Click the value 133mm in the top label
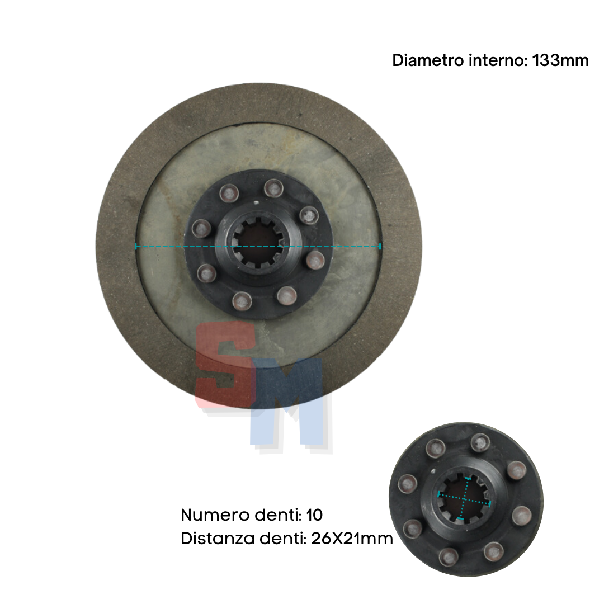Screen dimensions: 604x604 click(560, 60)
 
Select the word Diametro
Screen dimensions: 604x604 click(428, 60)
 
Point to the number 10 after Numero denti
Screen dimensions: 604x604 click(314, 515)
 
